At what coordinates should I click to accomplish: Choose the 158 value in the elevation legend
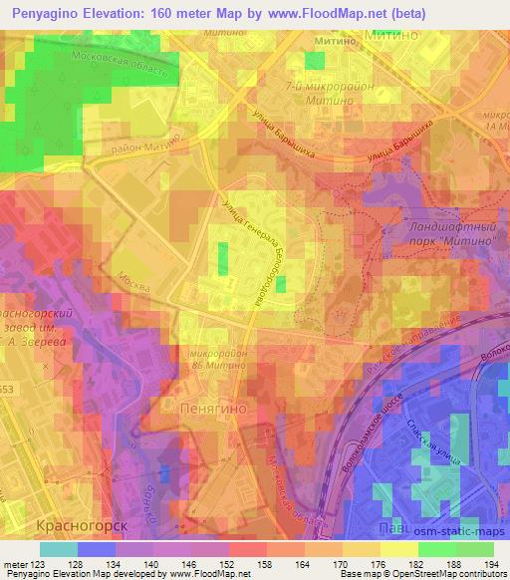[266, 565]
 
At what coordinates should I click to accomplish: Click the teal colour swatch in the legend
[59, 549]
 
